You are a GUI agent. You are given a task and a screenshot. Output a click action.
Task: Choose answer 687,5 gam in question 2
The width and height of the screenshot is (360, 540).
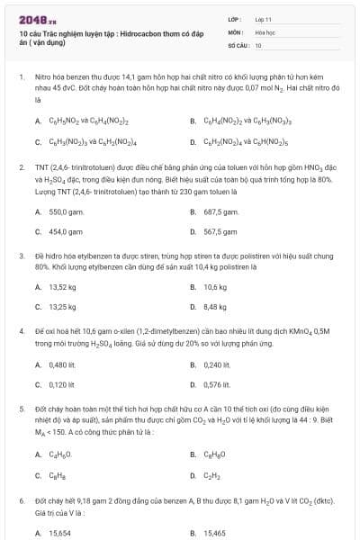coord(220,212)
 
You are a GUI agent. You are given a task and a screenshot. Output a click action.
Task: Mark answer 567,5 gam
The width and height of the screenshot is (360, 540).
coord(220,231)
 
